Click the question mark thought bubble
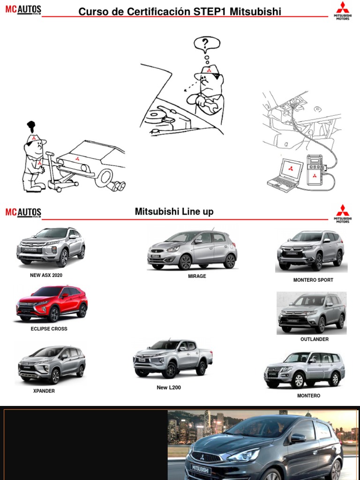click(207, 44)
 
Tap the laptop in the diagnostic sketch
click(285, 175)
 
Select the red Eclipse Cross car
click(52, 303)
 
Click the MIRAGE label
click(197, 276)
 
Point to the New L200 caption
click(169, 387)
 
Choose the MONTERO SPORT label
click(313, 280)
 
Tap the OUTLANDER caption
click(315, 339)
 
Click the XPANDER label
click(44, 391)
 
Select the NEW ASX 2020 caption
click(46, 275)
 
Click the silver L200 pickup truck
click(172, 358)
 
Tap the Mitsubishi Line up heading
click(174, 211)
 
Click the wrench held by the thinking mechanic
click(209, 104)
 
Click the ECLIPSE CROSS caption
click(49, 329)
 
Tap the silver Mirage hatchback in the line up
click(192, 250)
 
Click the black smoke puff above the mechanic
click(31, 126)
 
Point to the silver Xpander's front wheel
click(55, 377)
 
